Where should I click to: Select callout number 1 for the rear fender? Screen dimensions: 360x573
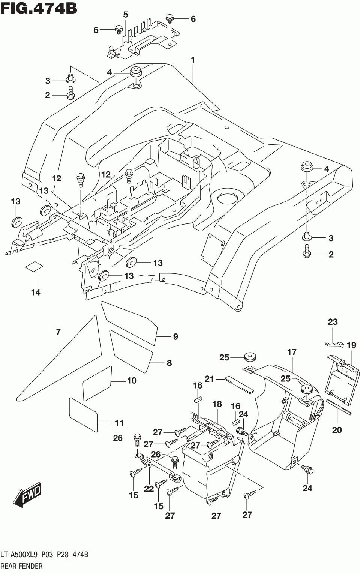point(193,60)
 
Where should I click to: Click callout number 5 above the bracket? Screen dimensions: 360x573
point(125,15)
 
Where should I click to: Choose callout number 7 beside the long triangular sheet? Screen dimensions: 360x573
point(58,332)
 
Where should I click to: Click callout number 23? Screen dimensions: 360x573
point(333,321)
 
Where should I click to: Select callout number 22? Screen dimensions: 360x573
point(148,489)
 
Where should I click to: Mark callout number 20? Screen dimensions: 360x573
point(337,430)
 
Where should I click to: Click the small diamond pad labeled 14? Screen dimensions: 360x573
point(34,266)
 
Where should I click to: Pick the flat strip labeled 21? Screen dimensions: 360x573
point(239,384)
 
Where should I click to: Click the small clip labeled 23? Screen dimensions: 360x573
point(334,344)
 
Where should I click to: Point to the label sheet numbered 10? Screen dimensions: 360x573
point(97,383)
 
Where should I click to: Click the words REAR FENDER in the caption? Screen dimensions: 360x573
point(21,566)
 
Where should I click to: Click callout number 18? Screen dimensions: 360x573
point(217,404)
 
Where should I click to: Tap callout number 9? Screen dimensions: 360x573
point(175,336)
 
